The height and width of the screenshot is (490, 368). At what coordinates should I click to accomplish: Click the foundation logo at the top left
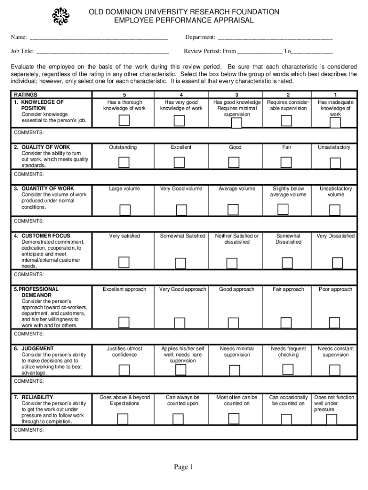click(61, 16)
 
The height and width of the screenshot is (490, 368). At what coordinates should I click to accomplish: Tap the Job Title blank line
click(102, 52)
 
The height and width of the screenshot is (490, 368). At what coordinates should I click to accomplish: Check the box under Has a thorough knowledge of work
click(124, 120)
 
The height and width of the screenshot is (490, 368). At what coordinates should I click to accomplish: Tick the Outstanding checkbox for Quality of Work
click(124, 163)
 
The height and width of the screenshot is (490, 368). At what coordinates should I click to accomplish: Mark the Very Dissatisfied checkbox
click(337, 263)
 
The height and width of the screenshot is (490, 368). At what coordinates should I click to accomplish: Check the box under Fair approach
click(287, 323)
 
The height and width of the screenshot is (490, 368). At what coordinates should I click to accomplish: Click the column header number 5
click(124, 95)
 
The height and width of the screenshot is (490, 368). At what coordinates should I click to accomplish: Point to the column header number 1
click(336, 95)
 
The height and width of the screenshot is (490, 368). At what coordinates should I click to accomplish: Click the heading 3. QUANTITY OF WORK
click(44, 189)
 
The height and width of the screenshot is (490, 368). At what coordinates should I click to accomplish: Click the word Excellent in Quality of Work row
click(181, 147)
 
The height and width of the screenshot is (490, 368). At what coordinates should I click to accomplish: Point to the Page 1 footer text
click(184, 467)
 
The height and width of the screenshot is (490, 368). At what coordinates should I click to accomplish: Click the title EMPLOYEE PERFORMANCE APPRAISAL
click(184, 21)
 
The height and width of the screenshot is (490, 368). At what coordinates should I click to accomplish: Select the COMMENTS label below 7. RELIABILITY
click(29, 430)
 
